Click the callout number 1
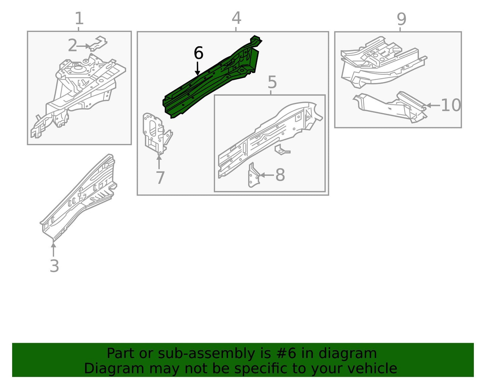[x=79, y=19]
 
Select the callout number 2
[x=72, y=45]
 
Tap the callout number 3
[x=54, y=266]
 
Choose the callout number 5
[x=272, y=82]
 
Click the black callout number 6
[x=199, y=53]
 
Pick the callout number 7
[x=160, y=178]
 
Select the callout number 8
[x=280, y=175]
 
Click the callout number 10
[x=451, y=105]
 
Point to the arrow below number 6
[x=197, y=68]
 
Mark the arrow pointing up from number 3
[x=53, y=250]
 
